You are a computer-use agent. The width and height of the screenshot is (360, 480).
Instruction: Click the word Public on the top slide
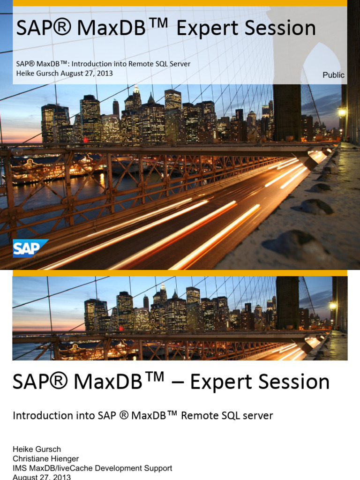point(333,75)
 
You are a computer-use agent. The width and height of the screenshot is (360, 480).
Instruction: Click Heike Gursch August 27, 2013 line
point(64,73)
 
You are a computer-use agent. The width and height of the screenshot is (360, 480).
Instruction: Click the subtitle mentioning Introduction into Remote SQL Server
point(103,64)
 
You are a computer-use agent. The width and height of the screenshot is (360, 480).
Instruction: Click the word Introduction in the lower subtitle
point(43,415)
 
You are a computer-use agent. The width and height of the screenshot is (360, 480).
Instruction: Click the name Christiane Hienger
point(45,458)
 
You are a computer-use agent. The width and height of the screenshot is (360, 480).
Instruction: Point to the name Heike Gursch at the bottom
point(37,449)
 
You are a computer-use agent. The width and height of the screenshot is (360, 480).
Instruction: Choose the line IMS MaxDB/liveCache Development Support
point(92,468)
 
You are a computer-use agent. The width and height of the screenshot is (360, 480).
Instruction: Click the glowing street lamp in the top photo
point(342,112)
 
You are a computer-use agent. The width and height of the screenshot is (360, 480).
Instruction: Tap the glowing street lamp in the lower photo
point(332,306)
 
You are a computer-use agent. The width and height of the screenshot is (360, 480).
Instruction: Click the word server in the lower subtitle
point(257,415)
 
